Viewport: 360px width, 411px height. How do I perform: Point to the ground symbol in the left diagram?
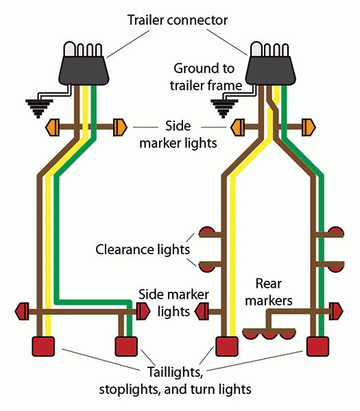coord(38,107)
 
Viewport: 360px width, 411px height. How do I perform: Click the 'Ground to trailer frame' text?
coord(206,77)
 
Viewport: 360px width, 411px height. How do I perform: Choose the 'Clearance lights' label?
coord(143,249)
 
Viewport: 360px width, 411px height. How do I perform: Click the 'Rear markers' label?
coord(274,292)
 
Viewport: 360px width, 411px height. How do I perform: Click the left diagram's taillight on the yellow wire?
coord(44,346)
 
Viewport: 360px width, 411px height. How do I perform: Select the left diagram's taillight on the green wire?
coord(125,346)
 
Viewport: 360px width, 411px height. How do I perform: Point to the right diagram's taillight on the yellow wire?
coord(226,346)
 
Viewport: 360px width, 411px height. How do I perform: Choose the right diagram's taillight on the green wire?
coord(316,346)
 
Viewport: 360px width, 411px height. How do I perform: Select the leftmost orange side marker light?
coord(53,127)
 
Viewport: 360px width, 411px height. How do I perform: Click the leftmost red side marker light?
coord(21,312)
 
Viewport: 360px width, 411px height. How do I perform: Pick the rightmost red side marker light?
coord(335,312)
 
